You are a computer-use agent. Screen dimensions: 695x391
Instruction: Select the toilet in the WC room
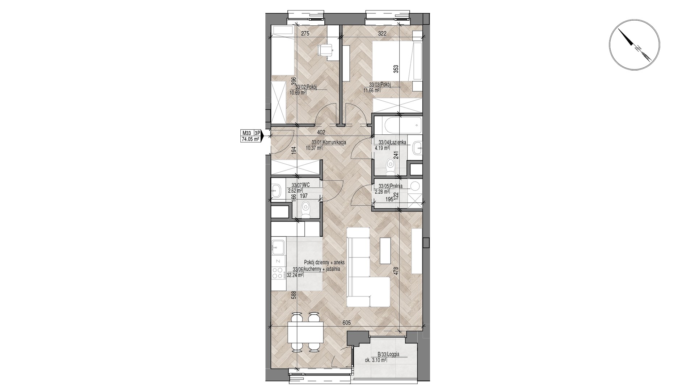306,210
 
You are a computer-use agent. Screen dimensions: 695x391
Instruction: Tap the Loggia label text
392,354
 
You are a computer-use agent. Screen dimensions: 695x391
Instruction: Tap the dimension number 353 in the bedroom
396,70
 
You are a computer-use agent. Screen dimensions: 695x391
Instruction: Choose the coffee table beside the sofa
385,251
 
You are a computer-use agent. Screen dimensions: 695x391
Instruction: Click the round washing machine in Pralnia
415,186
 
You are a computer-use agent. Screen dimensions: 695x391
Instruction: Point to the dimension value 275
306,34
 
